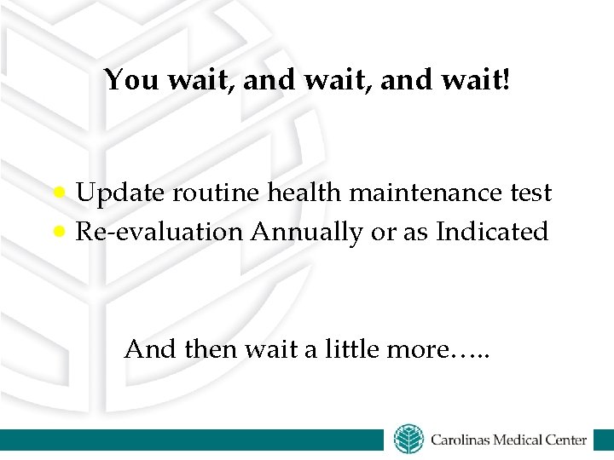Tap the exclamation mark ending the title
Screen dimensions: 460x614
[x=509, y=80]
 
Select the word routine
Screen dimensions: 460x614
[x=217, y=194]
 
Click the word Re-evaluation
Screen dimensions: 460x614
[x=159, y=232]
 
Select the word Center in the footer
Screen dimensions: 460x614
[x=567, y=440]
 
